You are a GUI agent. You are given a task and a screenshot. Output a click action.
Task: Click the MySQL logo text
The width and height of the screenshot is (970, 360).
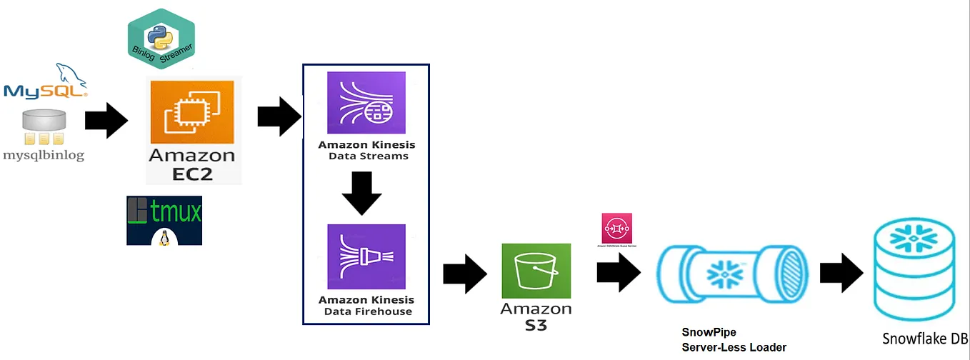[44, 91]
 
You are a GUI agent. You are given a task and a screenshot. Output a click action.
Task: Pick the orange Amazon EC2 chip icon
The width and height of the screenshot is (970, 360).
[194, 112]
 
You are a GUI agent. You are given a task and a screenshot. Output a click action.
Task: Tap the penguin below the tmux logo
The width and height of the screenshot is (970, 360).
[164, 239]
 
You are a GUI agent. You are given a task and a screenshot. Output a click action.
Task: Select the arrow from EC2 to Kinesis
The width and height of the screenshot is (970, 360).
[279, 116]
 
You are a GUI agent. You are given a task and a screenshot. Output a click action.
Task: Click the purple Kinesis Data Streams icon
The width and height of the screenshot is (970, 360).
[366, 102]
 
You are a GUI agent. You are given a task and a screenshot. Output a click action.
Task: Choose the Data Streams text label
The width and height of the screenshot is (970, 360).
[368, 156]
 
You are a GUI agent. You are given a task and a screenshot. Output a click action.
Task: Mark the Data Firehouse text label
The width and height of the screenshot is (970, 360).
[368, 311]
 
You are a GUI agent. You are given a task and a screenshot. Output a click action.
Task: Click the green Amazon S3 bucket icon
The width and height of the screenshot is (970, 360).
[536, 271]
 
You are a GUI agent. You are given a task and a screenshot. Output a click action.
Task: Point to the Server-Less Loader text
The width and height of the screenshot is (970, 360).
[734, 347]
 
